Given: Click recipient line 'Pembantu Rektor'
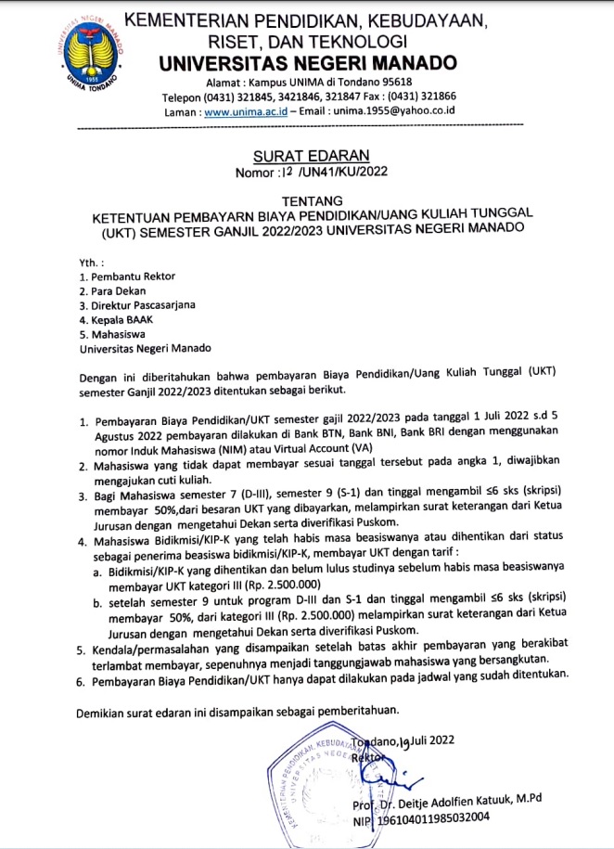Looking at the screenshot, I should point(129,277).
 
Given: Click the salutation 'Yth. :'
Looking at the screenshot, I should point(93,262).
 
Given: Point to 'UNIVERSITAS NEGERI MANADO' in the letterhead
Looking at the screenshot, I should point(307,64).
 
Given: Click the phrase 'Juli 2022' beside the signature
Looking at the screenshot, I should point(449,740).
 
